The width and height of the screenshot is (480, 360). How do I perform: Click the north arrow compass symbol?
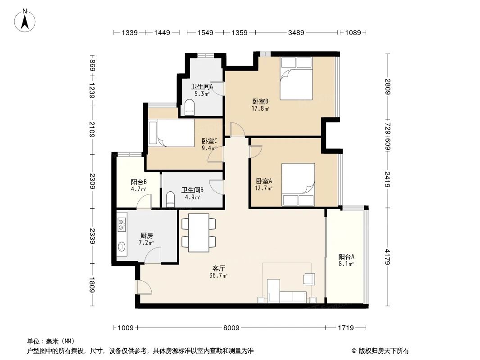[25, 20]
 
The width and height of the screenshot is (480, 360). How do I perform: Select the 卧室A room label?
[263, 181]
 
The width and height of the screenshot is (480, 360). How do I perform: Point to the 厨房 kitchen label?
[146, 235]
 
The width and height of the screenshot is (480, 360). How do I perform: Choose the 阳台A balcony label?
[346, 256]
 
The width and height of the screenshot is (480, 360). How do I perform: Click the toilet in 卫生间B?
[170, 198]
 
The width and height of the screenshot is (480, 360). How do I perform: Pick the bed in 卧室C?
[171, 133]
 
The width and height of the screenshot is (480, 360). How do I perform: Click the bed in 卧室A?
[298, 184]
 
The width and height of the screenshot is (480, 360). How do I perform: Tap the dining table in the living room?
[199, 233]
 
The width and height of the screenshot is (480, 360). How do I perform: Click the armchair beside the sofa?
[309, 279]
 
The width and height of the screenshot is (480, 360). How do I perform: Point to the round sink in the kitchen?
[122, 247]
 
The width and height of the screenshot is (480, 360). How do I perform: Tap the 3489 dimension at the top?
[296, 32]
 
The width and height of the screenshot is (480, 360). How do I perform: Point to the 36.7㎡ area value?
[218, 275]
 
